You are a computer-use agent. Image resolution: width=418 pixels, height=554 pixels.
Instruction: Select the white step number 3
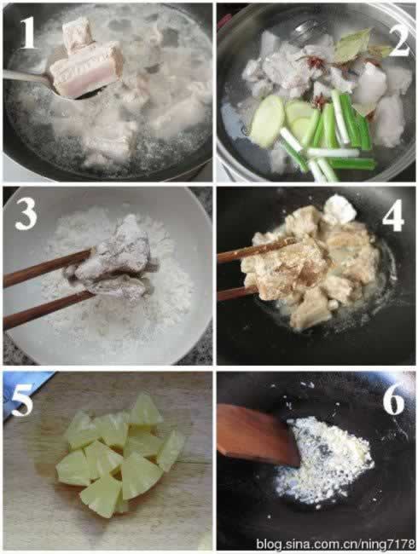(26, 213)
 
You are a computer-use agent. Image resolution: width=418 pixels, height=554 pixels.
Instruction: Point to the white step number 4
(393, 215)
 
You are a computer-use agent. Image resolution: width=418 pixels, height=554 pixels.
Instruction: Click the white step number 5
(22, 400)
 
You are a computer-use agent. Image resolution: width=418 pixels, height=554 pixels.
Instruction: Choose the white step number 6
(393, 399)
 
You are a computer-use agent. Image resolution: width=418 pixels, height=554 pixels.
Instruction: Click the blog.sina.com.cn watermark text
(335, 544)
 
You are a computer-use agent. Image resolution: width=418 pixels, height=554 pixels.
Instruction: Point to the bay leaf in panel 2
(354, 44)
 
